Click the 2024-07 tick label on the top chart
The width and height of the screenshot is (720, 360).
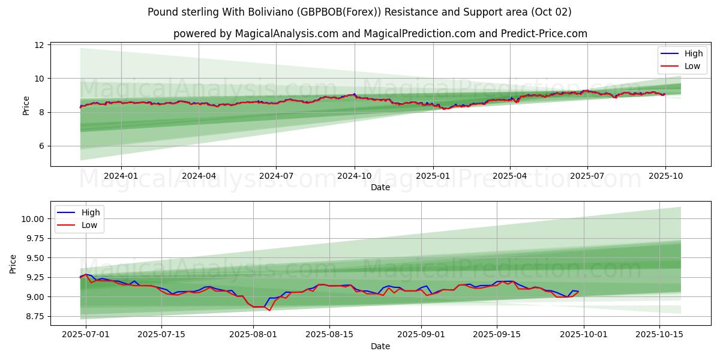[276, 176]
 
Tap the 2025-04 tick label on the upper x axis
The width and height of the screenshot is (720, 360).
[510, 176]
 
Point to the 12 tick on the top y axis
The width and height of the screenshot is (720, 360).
[39, 45]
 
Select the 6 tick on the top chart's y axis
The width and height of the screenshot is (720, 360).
[41, 146]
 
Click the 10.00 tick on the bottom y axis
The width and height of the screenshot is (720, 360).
[32, 219]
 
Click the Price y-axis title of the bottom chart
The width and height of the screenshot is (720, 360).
[13, 264]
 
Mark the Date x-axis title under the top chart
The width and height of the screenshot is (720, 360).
[380, 187]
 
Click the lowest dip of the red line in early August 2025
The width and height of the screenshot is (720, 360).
[269, 310]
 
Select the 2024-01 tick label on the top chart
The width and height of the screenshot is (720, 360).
[121, 176]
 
